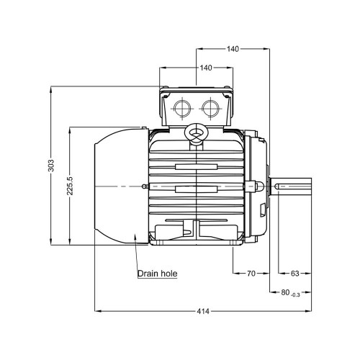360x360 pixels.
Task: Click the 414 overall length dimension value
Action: [203, 311]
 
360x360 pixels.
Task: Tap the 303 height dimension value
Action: [51, 166]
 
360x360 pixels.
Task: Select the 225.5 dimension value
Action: [70, 186]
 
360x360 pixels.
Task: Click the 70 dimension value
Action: [251, 274]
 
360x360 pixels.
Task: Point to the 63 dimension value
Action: [295, 274]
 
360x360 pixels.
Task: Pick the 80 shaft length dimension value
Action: [285, 292]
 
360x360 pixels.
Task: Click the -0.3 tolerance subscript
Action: [295, 295]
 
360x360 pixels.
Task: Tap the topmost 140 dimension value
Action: [233, 49]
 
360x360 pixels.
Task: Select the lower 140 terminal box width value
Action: [206, 68]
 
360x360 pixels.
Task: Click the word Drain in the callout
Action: [148, 274]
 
